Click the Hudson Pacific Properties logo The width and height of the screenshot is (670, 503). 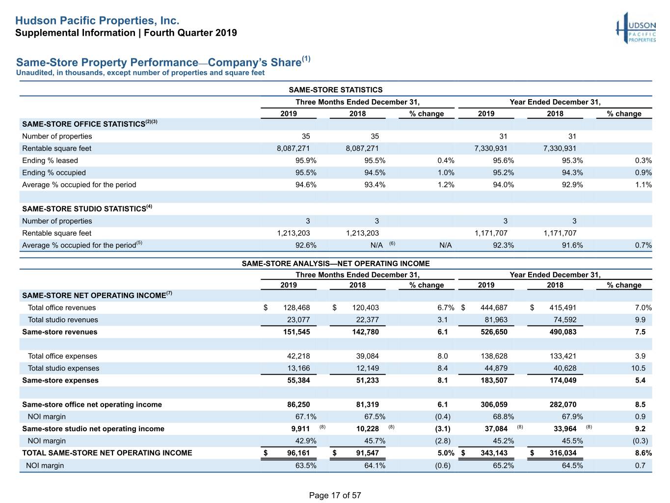(636, 28)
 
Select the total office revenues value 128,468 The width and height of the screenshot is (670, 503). (296, 307)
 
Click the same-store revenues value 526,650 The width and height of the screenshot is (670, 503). (494, 332)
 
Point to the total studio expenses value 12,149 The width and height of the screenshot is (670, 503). (367, 368)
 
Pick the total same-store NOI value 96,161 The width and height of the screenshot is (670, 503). (298, 453)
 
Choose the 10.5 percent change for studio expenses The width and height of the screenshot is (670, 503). (638, 368)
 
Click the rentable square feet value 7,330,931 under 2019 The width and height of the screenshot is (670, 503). (490, 148)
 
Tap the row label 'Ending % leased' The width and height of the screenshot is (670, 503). (50, 161)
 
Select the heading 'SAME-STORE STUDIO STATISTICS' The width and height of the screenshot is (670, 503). (84, 209)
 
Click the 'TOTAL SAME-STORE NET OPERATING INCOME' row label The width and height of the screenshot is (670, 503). (107, 453)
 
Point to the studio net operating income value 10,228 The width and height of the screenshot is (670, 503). (367, 429)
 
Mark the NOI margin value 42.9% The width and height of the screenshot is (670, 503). (305, 441)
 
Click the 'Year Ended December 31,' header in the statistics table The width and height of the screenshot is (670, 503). (555, 102)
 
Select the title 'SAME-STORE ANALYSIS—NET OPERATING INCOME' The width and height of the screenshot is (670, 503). (335, 264)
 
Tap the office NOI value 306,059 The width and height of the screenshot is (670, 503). (494, 405)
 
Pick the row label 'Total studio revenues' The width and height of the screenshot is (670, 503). (63, 320)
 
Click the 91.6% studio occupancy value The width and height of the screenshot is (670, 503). (572, 245)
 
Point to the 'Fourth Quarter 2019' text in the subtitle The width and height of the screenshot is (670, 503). (190, 33)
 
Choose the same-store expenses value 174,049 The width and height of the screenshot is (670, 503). (563, 381)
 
